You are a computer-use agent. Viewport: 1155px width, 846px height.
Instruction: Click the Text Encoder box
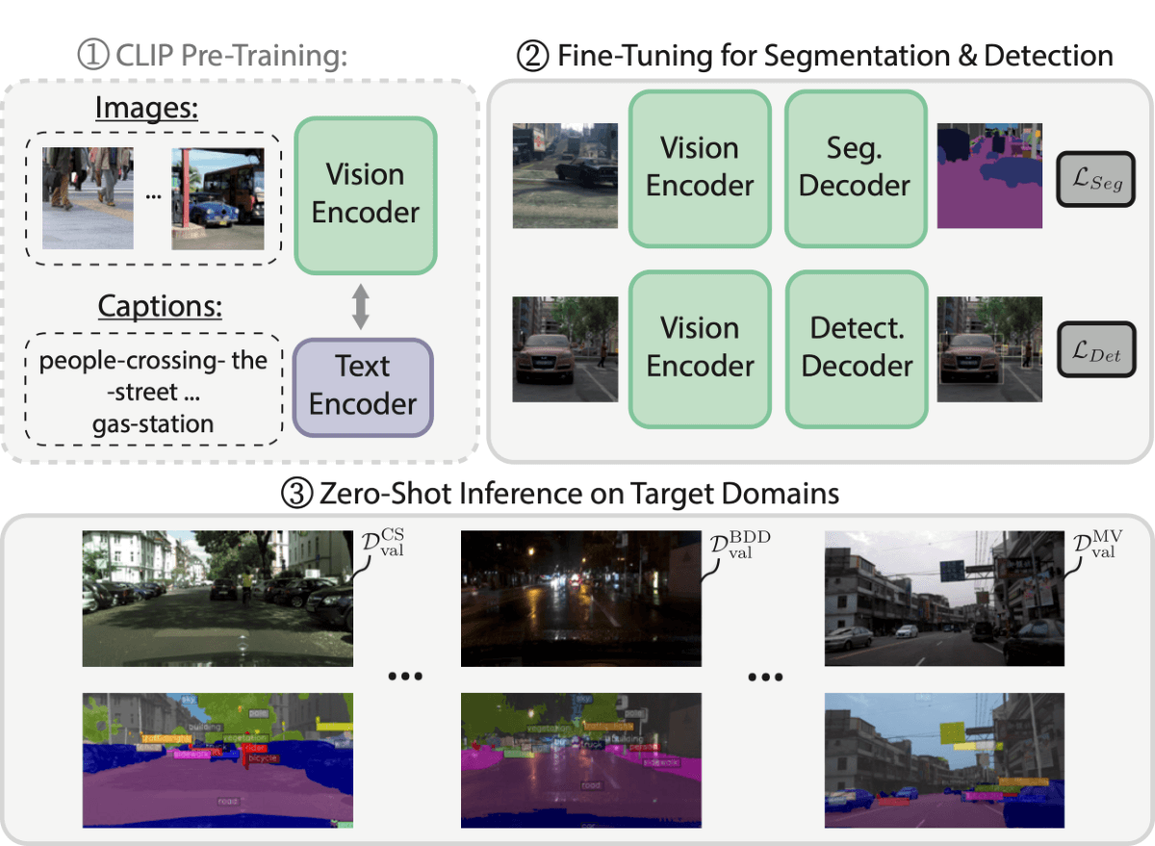point(363,385)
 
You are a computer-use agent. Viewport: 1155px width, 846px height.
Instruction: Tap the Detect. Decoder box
point(855,347)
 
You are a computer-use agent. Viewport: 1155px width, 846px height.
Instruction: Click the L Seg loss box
point(1096,178)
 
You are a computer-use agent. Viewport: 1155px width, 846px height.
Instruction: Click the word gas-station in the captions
point(154,423)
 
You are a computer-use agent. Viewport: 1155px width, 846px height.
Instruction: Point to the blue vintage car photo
point(218,198)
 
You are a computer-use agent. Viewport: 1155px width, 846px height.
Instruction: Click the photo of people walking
point(88,198)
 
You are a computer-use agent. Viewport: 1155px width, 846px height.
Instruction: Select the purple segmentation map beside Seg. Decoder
point(989,175)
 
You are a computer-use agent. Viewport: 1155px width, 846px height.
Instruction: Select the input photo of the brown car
point(564,346)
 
